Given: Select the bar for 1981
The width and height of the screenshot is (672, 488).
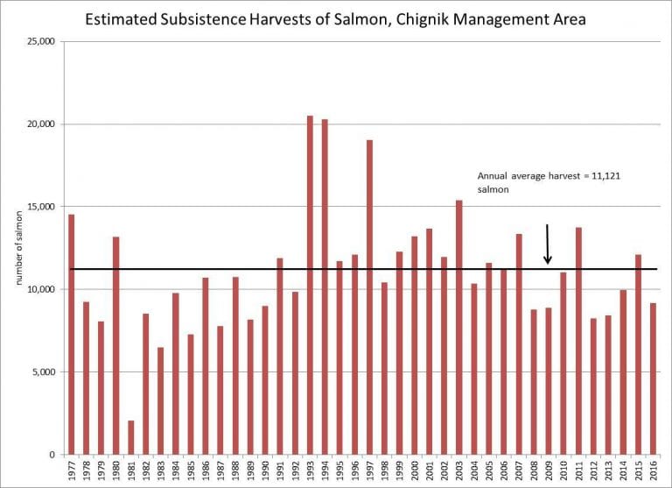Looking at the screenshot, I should (x=131, y=437).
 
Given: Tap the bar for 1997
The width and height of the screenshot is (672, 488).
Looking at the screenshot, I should (x=369, y=297).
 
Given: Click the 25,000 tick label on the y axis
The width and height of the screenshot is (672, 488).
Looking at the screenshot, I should (x=41, y=42).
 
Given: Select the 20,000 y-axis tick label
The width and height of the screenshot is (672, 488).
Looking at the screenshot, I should (x=41, y=124).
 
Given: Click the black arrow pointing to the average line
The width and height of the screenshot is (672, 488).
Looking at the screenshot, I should (x=548, y=244).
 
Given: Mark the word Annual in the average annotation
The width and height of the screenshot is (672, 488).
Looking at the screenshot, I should (x=492, y=176).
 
